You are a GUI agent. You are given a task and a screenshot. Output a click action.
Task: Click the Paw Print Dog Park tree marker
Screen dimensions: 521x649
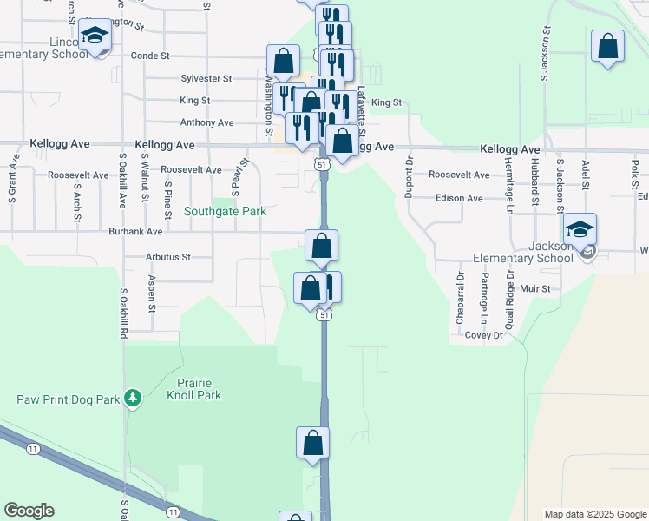[x=132, y=398]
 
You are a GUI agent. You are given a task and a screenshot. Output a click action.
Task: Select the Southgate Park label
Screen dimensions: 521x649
[x=226, y=211]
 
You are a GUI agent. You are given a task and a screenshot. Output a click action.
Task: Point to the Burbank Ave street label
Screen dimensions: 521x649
[x=135, y=233]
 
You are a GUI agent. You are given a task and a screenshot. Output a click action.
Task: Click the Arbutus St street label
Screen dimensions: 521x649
[x=168, y=258]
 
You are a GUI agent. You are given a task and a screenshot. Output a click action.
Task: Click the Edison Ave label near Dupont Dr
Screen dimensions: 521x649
[x=459, y=198]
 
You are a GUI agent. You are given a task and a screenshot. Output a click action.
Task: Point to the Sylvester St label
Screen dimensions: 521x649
[x=206, y=78]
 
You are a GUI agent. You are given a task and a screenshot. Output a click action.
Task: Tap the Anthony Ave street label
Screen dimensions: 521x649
[x=207, y=123]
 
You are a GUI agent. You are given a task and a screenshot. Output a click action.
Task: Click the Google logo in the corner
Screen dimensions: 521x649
[x=29, y=511]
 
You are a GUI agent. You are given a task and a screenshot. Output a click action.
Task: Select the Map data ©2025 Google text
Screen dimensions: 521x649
[x=595, y=514]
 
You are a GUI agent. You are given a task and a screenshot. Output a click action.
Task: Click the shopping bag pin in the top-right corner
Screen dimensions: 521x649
[x=607, y=47]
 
